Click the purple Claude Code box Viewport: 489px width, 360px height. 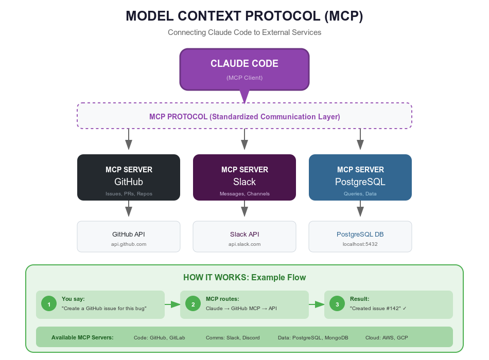tap(244, 69)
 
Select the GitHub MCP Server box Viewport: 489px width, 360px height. tap(129, 177)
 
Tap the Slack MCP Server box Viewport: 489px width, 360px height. tap(244, 177)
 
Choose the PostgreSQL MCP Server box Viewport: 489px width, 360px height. tap(360, 177)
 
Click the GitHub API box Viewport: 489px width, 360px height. tap(129, 237)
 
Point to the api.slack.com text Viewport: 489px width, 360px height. tap(244, 244)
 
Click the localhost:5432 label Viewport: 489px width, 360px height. tap(360, 244)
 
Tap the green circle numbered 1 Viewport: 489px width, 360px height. tap(49, 304)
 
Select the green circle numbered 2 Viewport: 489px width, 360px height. tap(193, 304)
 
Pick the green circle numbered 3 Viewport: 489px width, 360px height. tap(337, 304)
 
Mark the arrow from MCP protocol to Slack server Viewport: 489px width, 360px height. tap(244, 139)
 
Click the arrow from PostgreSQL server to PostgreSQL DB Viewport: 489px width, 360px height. tap(360, 208)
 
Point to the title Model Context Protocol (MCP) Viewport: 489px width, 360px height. tap(244, 16)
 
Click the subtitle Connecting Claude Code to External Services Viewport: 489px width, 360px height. tap(244, 32)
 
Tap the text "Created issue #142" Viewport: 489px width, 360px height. tap(378, 309)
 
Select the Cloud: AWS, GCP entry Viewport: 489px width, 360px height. tap(387, 337)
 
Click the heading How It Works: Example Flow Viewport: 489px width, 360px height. tap(244, 278)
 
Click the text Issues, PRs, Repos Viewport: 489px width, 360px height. tap(129, 194)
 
